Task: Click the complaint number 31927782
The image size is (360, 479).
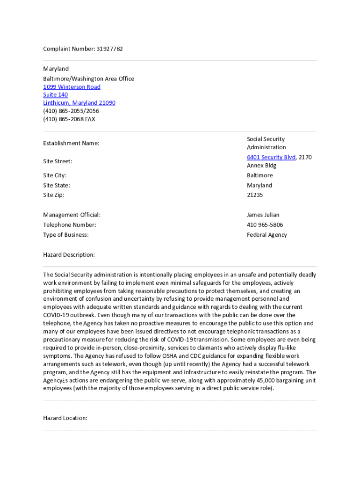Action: (109, 49)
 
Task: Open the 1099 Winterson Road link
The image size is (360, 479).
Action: (72, 87)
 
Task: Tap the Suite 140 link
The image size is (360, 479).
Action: (55, 95)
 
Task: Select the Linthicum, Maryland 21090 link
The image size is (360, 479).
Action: (79, 103)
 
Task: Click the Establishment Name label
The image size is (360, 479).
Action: (71, 143)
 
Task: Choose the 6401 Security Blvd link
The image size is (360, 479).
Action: (271, 157)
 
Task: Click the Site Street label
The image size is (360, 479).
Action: (58, 161)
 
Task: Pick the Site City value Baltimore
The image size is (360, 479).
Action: (259, 175)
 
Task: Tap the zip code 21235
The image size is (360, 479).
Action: (255, 195)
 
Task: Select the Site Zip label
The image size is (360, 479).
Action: (54, 195)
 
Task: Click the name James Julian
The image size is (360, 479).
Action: (263, 215)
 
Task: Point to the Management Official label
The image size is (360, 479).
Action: (72, 215)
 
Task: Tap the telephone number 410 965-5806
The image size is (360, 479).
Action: (265, 225)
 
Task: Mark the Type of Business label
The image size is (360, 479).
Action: (65, 235)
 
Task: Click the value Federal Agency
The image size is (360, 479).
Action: (266, 235)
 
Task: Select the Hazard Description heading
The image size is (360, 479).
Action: (69, 255)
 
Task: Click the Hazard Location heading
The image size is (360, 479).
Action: (65, 418)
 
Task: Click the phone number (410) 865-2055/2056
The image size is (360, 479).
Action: (71, 111)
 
